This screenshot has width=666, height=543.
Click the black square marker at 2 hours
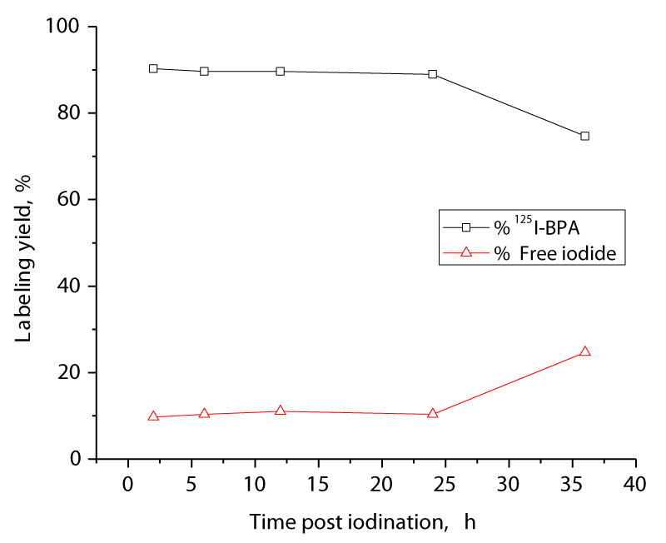[x=153, y=68]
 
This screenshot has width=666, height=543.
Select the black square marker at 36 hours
[x=584, y=136]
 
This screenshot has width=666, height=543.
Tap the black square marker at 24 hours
[x=433, y=74]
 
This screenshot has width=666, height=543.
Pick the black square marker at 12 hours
[x=281, y=72]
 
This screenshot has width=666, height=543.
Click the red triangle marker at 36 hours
[x=584, y=351]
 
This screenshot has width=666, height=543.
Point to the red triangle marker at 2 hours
[x=153, y=416]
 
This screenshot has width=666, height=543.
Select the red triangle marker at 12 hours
[x=281, y=411]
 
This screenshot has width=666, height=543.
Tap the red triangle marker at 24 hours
[x=433, y=413]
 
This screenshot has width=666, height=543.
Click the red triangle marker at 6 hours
[x=204, y=414]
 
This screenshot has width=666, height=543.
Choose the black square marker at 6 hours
[x=204, y=72]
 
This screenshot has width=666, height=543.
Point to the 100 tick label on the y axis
[x=63, y=27]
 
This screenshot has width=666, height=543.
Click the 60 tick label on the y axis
[x=70, y=200]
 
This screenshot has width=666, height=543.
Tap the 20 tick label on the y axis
[x=70, y=372]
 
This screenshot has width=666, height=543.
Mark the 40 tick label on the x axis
[x=636, y=483]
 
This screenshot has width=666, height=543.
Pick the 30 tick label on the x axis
[x=509, y=483]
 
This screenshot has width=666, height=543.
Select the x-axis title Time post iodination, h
[x=362, y=522]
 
